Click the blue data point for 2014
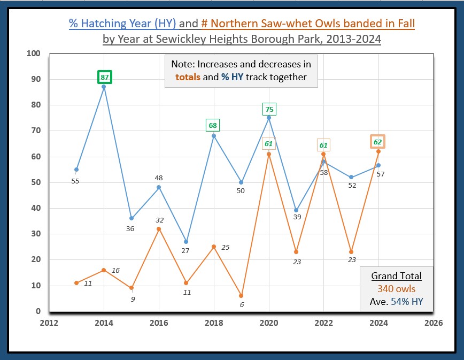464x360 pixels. [x=104, y=87]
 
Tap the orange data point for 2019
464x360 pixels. [x=241, y=296]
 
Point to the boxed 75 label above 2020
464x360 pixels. [x=269, y=109]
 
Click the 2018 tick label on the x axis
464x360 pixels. [x=214, y=323]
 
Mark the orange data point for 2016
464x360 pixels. [x=159, y=229]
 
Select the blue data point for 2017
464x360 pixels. [x=186, y=242]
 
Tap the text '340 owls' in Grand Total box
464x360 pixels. [x=396, y=289]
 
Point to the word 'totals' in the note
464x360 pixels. [x=188, y=77]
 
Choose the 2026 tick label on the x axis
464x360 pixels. [x=434, y=323]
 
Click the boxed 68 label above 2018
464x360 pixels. [x=213, y=126]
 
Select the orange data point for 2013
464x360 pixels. [x=76, y=283]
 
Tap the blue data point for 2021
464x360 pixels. [x=296, y=211]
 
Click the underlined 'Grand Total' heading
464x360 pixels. [x=396, y=276]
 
